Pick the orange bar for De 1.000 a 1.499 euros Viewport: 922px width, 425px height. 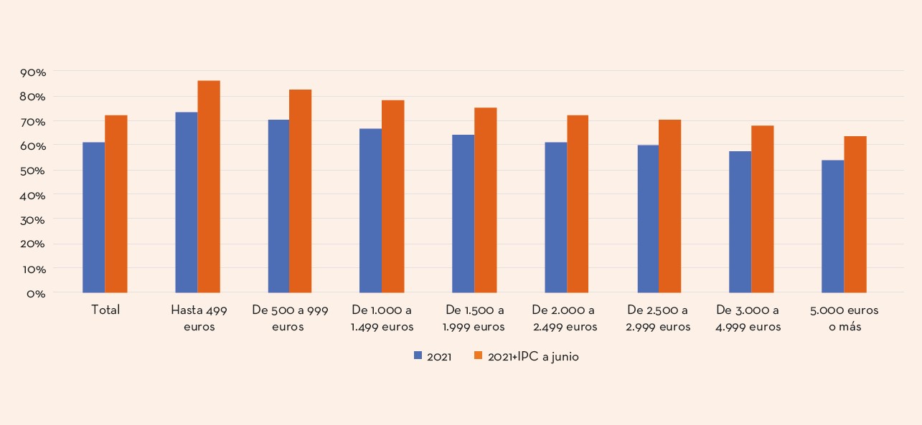coord(393,196)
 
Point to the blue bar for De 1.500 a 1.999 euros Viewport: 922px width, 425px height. coord(463,214)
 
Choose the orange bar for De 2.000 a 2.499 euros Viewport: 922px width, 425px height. coord(578,204)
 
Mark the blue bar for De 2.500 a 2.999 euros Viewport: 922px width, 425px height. coord(648,219)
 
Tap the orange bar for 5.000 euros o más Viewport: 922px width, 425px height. coord(855,214)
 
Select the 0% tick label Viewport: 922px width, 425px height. coord(37,293)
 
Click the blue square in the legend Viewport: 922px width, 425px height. coord(418,356)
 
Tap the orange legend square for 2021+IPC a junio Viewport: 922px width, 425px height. coord(479,356)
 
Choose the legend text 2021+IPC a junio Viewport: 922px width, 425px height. coord(533,357)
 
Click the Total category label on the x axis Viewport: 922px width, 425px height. coord(105,310)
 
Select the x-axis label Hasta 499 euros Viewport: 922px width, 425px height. coord(199,318)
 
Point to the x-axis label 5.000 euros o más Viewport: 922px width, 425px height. coord(845,318)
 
